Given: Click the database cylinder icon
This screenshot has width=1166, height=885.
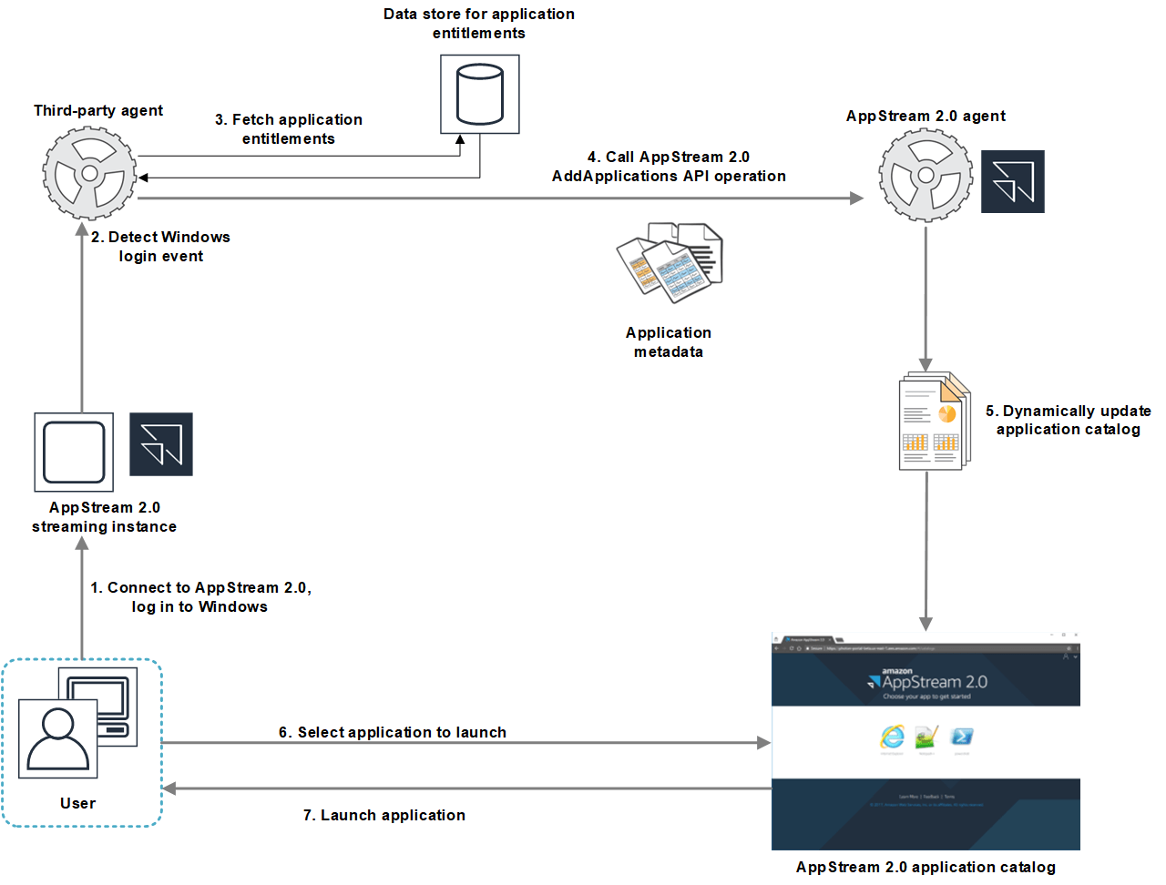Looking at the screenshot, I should coord(479,94).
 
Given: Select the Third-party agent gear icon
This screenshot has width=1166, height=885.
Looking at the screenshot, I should coord(89,173).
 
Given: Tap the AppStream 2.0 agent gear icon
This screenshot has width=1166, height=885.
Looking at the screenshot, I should coord(926,175).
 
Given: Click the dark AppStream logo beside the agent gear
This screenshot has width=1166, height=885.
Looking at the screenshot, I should coord(1012,182).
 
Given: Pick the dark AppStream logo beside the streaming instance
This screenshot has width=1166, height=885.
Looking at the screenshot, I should coord(161,444).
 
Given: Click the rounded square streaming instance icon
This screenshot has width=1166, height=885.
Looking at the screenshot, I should coord(74,453).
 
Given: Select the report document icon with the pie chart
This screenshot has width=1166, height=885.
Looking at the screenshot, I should coord(934,421).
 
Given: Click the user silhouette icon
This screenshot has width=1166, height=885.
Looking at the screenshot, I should coord(58,738).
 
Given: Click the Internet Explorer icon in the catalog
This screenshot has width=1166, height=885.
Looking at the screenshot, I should coord(892,737).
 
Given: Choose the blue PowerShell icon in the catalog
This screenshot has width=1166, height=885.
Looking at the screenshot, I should coord(961,737).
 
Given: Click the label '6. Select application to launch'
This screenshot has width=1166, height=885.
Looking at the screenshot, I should coord(393,732).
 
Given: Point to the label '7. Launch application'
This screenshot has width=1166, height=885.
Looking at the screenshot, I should coord(384,815).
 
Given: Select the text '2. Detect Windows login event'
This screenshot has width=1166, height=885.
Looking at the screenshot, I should coord(160,247).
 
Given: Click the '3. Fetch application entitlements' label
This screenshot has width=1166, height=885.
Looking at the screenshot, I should coord(289,129).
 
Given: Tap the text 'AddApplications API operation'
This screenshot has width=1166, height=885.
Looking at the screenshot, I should coord(669,176).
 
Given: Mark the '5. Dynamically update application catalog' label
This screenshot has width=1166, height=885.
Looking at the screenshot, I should coord(1068,420).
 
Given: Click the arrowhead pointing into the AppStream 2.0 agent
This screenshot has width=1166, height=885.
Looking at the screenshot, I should coord(856,198).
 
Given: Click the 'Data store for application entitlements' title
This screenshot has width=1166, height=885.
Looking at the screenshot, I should coord(479,24).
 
